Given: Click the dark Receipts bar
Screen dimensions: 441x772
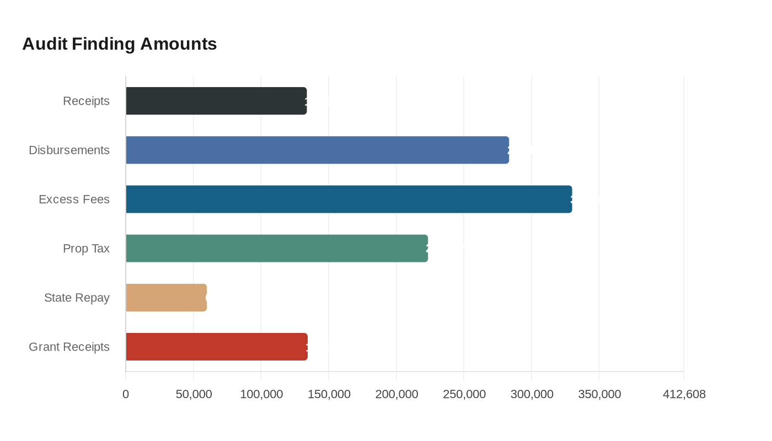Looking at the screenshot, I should coord(216,101).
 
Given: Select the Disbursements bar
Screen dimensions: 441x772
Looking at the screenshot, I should coord(317,150).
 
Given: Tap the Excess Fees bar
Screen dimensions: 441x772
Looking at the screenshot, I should coord(349,199).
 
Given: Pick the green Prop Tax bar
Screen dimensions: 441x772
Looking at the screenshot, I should coord(277,248).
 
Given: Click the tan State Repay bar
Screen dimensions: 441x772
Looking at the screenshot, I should coord(166,298).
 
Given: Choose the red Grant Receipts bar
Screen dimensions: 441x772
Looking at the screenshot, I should coord(216,347).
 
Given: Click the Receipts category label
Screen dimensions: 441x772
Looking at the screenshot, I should coord(86,101).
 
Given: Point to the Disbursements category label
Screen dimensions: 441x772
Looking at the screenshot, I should coord(69,150).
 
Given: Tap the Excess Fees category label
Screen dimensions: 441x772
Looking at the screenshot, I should coord(74,199).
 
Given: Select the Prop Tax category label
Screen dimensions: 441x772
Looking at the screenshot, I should coord(86,249).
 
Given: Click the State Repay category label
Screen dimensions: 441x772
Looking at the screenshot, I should coord(77,298).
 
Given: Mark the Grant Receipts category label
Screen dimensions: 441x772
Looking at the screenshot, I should coord(69,347).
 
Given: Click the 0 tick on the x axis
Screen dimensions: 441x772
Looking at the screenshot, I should coord(126,394).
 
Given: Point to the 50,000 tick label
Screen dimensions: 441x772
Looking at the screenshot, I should coord(194,394).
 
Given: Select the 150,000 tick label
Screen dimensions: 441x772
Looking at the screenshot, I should coord(329,394).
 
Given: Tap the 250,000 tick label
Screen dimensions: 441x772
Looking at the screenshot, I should coord(464,394).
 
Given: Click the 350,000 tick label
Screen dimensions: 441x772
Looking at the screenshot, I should coord(599,394).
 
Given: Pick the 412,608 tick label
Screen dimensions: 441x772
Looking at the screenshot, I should coord(684,394).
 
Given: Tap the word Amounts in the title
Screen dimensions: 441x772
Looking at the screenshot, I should coord(178,44).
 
